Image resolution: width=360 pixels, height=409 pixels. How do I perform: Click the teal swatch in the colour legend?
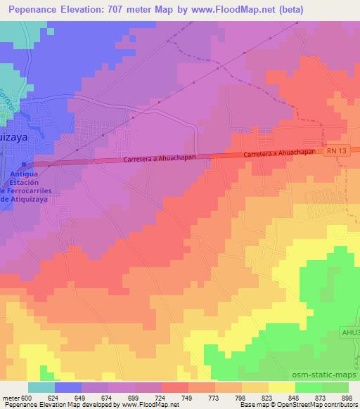pyautogui.click(x=41, y=387)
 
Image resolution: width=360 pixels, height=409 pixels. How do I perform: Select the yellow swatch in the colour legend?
pyautogui.click(x=281, y=387)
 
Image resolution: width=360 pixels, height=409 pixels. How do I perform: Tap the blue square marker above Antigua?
pyautogui.click(x=15, y=164)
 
